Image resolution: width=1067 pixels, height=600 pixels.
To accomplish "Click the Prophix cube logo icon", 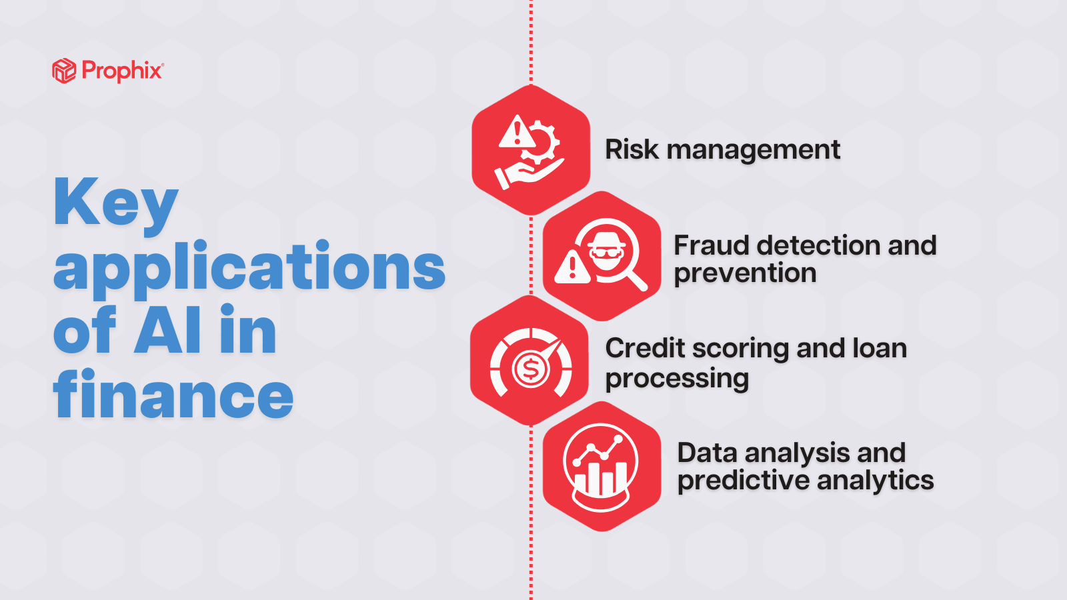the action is (x=64, y=71).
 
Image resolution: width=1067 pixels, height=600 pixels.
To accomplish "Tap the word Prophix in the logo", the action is (x=123, y=71).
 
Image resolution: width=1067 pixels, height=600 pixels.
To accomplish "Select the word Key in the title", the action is (x=116, y=205).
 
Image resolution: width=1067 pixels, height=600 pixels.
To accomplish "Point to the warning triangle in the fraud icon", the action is (x=573, y=267).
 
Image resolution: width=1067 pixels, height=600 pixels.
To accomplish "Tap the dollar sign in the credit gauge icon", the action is (x=531, y=368).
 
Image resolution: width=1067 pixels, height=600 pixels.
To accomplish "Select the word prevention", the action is (x=745, y=274).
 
